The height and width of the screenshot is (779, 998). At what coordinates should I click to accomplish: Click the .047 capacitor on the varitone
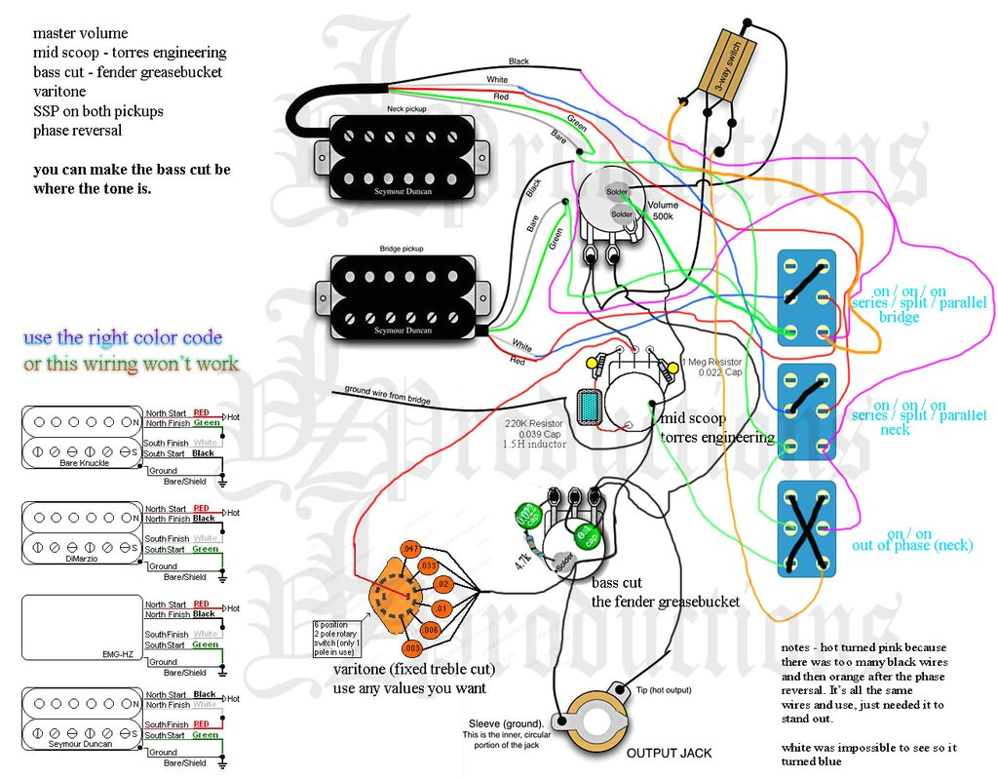pos(409,550)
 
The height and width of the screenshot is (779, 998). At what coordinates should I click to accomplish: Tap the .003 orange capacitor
pos(411,647)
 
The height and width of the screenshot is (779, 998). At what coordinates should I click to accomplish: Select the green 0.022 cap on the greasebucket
pos(524,514)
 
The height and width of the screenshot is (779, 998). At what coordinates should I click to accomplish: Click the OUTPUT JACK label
pos(668,753)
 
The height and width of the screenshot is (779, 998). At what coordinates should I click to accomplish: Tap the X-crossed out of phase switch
pos(806,526)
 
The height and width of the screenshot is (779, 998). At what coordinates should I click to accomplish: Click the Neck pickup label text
pos(408,109)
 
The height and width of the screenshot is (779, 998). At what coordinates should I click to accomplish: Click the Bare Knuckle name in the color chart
pos(83,463)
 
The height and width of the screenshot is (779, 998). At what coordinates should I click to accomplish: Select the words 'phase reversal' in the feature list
pos(78,131)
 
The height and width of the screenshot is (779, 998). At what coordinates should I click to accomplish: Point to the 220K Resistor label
pos(535,424)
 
